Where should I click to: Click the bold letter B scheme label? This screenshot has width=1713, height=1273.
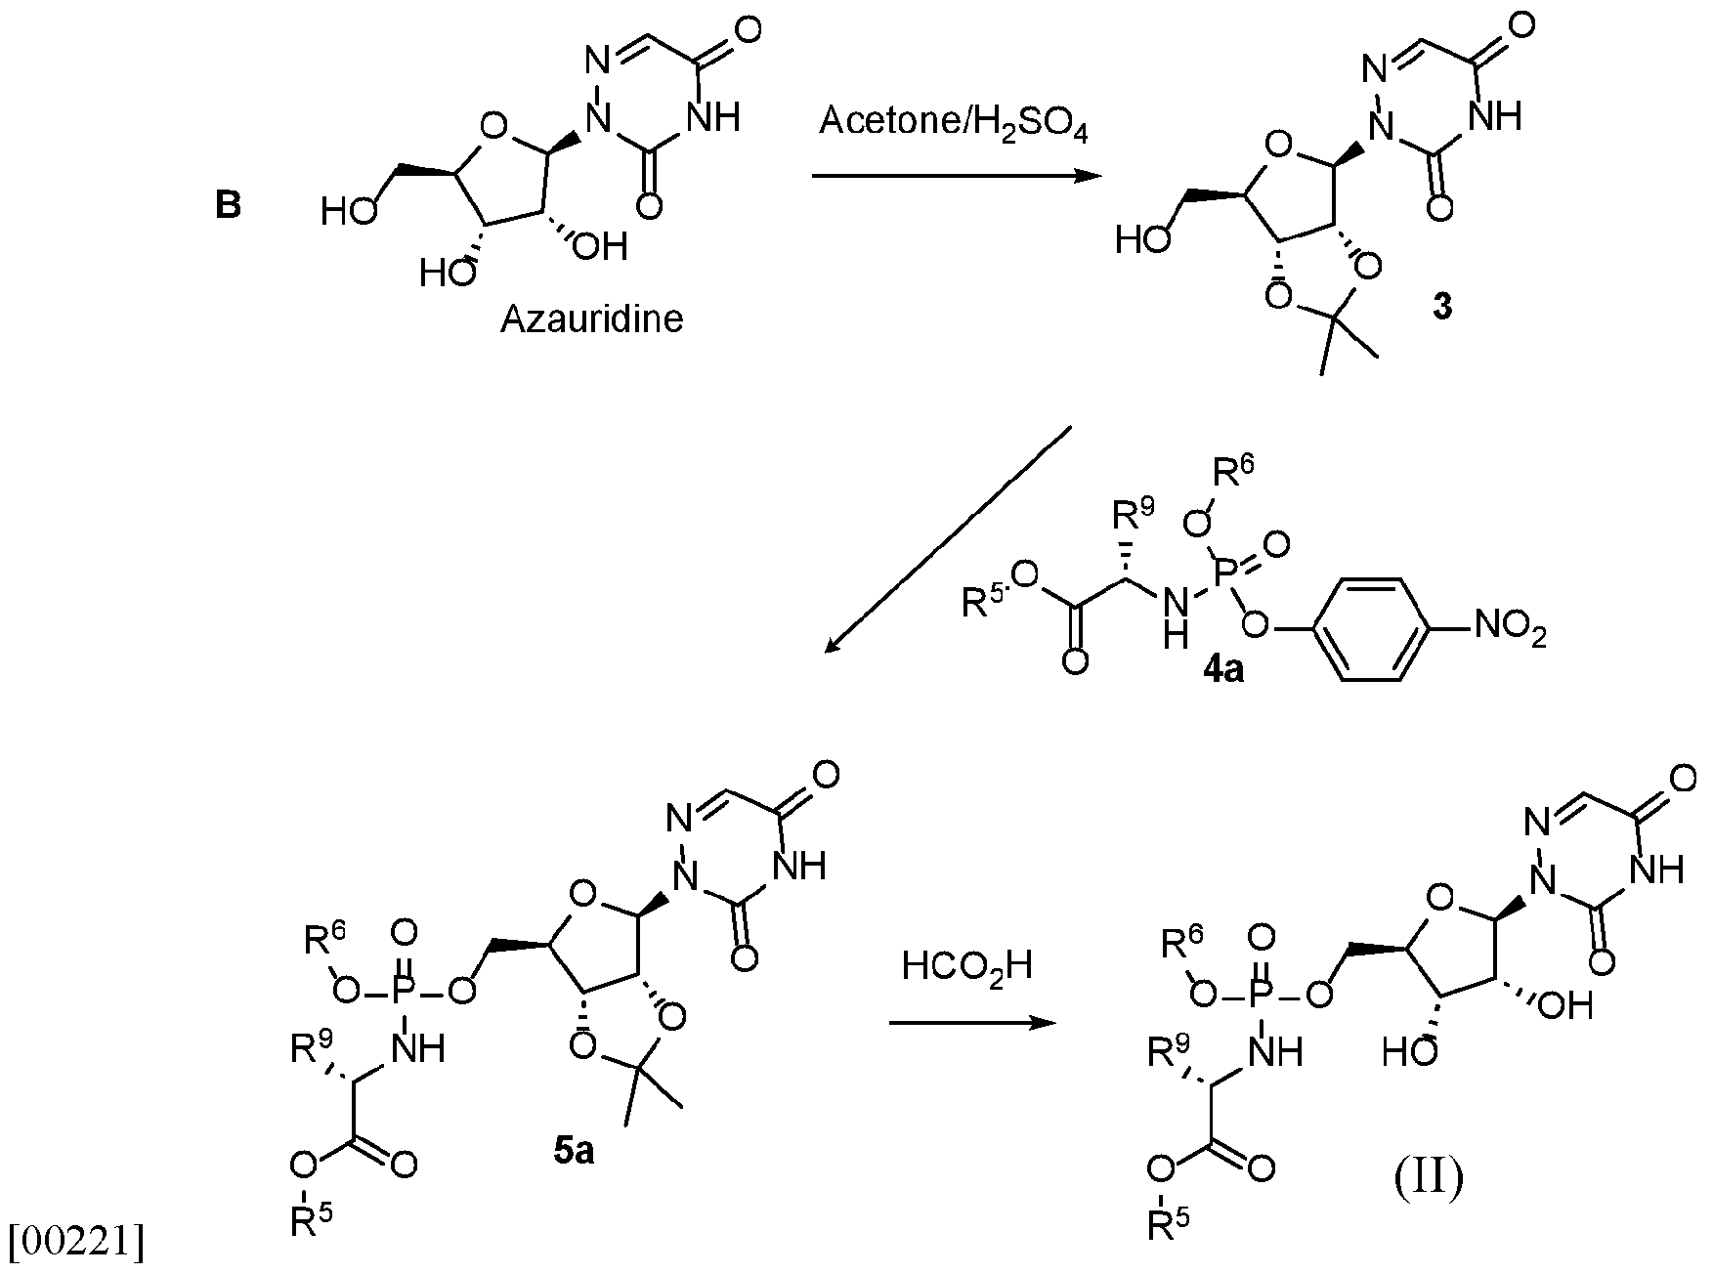pyautogui.click(x=228, y=206)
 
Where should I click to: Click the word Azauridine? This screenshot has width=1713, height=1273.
pyautogui.click(x=591, y=318)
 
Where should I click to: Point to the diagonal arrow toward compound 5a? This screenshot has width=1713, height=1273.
pyautogui.click(x=948, y=538)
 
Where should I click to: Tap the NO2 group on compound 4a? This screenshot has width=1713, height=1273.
pyautogui.click(x=1510, y=625)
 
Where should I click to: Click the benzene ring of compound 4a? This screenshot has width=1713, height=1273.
pyautogui.click(x=1373, y=626)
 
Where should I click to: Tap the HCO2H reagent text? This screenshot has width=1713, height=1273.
pyautogui.click(x=967, y=967)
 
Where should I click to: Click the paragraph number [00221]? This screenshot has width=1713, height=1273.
pyautogui.click(x=75, y=1241)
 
